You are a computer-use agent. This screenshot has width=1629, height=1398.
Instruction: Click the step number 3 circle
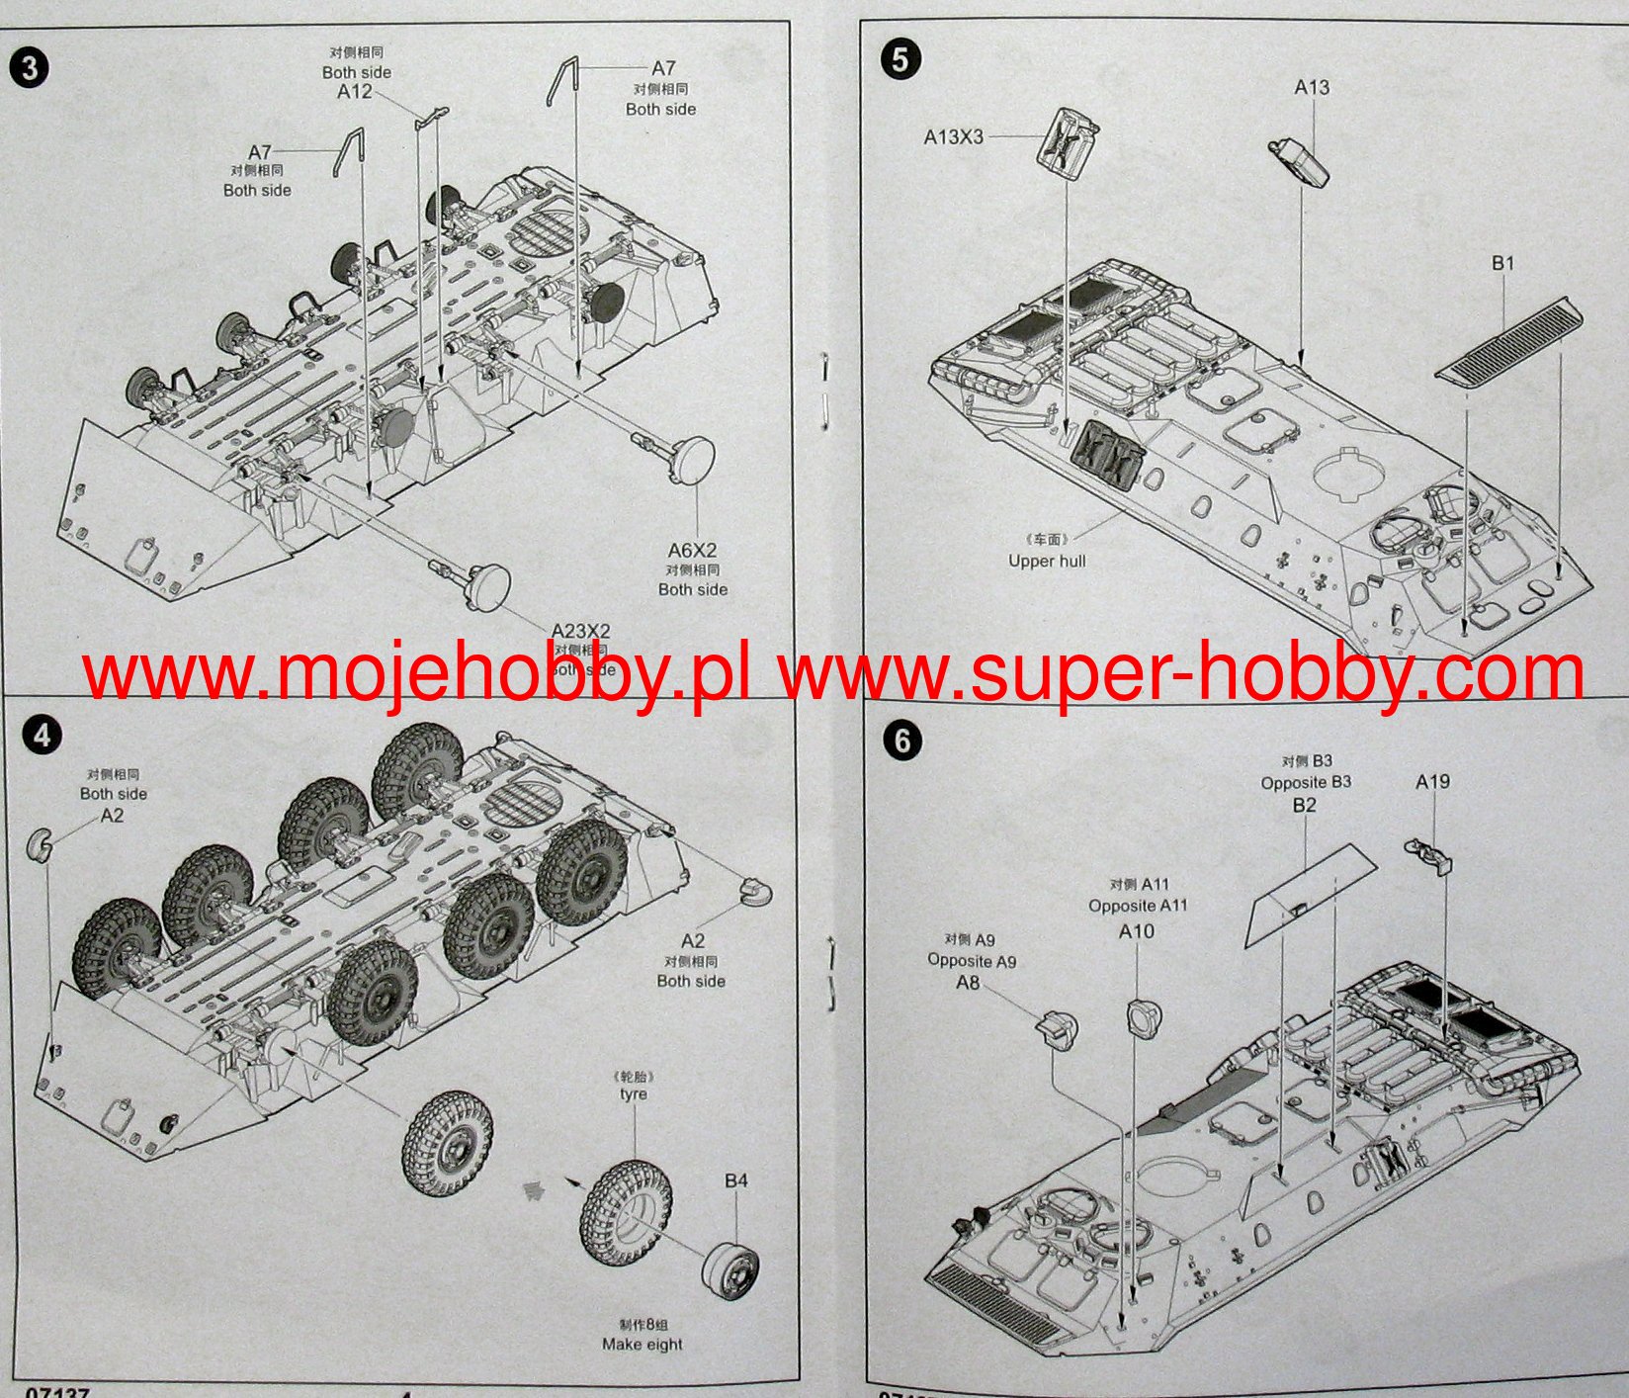pos(29,67)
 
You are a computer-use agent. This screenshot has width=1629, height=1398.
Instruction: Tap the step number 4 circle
pos(43,735)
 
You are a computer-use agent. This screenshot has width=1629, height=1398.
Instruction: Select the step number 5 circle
pos(900,58)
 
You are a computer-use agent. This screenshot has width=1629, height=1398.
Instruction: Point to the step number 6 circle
pos(901,741)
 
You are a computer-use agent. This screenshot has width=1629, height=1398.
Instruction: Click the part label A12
pos(355,92)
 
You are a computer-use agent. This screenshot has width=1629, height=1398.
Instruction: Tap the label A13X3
pos(954,137)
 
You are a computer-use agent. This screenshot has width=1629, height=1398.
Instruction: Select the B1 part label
pos(1502,263)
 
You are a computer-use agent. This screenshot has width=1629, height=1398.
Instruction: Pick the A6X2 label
pos(692,551)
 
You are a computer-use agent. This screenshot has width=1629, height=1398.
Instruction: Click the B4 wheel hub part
pos(731,1270)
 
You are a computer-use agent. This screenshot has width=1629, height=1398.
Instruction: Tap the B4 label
pos(735,1180)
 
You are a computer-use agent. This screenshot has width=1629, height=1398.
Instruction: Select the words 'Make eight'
pos(642,1344)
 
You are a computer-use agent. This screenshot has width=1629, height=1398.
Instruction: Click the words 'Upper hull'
pos(1047,561)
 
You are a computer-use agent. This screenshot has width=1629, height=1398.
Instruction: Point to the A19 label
pos(1432,781)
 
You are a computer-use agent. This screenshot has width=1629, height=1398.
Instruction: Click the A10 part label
pos(1136,931)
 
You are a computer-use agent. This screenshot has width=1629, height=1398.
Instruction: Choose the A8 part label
pos(968,983)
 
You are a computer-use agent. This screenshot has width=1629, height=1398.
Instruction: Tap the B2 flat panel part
pos(1310,895)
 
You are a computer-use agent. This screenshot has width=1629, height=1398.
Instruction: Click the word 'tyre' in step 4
pos(634,1094)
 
